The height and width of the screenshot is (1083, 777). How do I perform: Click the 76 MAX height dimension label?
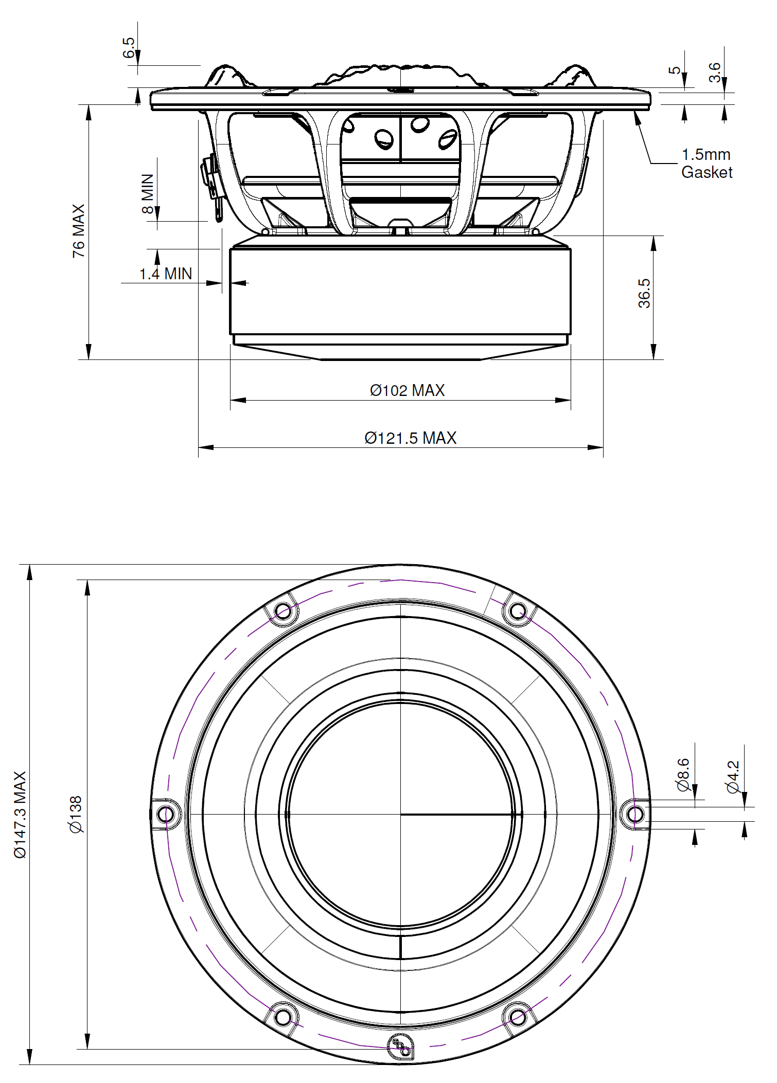(x=78, y=231)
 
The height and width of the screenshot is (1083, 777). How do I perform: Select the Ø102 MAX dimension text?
(x=407, y=390)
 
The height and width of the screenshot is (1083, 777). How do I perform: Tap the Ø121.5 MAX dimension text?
(x=410, y=438)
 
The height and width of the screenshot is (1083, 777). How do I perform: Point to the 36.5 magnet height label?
(x=644, y=293)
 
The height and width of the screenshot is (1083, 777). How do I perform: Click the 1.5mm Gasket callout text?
(x=706, y=164)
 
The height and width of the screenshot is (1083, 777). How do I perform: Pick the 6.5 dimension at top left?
(x=129, y=47)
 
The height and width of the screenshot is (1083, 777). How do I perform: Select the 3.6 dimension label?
(x=715, y=72)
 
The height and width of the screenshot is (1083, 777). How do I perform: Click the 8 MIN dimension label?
(x=148, y=194)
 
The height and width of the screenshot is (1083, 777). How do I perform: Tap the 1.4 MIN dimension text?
(x=165, y=274)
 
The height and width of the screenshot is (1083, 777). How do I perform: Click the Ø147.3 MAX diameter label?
(x=20, y=815)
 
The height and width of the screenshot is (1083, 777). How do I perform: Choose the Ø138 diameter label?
(x=75, y=814)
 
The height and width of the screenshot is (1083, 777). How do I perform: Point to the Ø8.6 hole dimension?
(x=683, y=774)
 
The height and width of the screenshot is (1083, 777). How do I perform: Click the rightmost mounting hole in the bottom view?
(x=635, y=815)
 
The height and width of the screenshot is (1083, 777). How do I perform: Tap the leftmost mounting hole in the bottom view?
(x=165, y=815)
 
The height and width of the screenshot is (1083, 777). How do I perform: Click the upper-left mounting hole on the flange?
(x=283, y=611)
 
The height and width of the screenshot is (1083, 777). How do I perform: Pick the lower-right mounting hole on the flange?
(x=518, y=1017)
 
